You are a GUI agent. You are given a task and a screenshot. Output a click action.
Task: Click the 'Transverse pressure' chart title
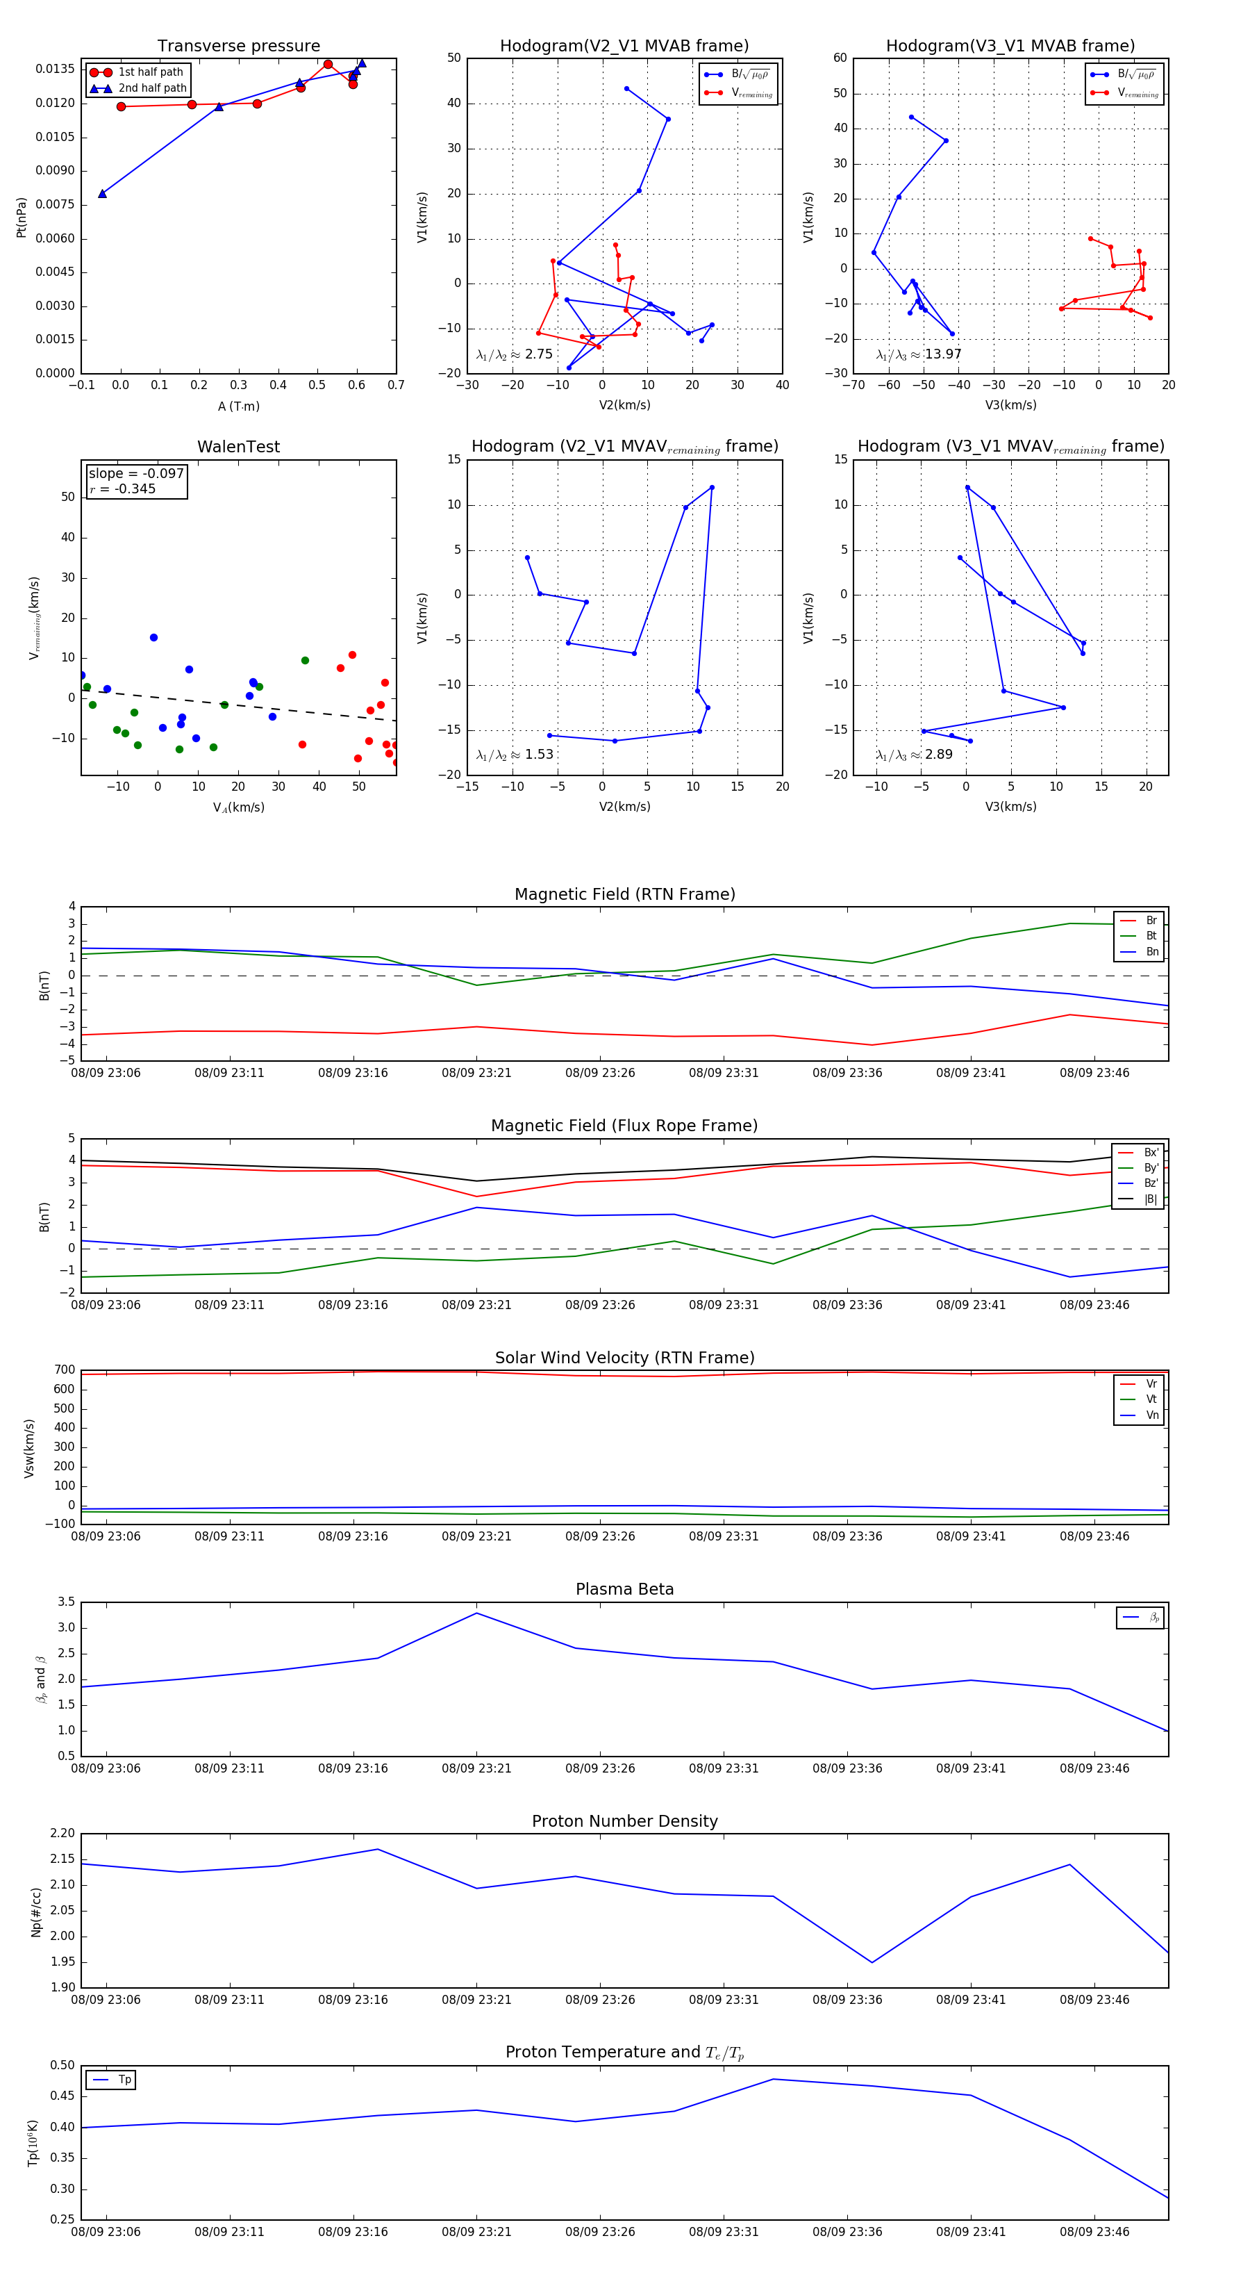point(238,47)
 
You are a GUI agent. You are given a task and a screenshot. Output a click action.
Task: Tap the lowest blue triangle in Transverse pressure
point(102,193)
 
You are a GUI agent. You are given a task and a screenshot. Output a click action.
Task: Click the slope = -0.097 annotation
point(136,474)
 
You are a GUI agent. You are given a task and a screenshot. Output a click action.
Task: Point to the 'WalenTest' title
point(238,447)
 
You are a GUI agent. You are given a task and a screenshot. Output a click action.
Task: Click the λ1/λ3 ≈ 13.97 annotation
point(918,354)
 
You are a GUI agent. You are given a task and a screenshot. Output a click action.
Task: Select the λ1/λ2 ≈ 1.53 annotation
point(514,755)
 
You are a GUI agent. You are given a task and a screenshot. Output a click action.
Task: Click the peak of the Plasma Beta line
point(477,1613)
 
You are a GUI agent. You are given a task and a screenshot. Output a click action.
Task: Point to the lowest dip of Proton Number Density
point(872,1962)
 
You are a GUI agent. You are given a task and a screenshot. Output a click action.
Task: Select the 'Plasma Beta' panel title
point(624,1589)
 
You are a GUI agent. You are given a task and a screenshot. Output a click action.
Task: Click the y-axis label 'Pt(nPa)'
point(22,217)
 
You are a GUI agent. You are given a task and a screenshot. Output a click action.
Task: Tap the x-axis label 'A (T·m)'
point(238,406)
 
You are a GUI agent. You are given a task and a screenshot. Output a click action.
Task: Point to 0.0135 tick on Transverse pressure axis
point(54,69)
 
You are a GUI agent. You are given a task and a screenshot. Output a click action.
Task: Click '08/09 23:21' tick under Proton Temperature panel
point(477,2232)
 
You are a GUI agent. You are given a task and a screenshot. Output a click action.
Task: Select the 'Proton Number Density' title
point(624,1821)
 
